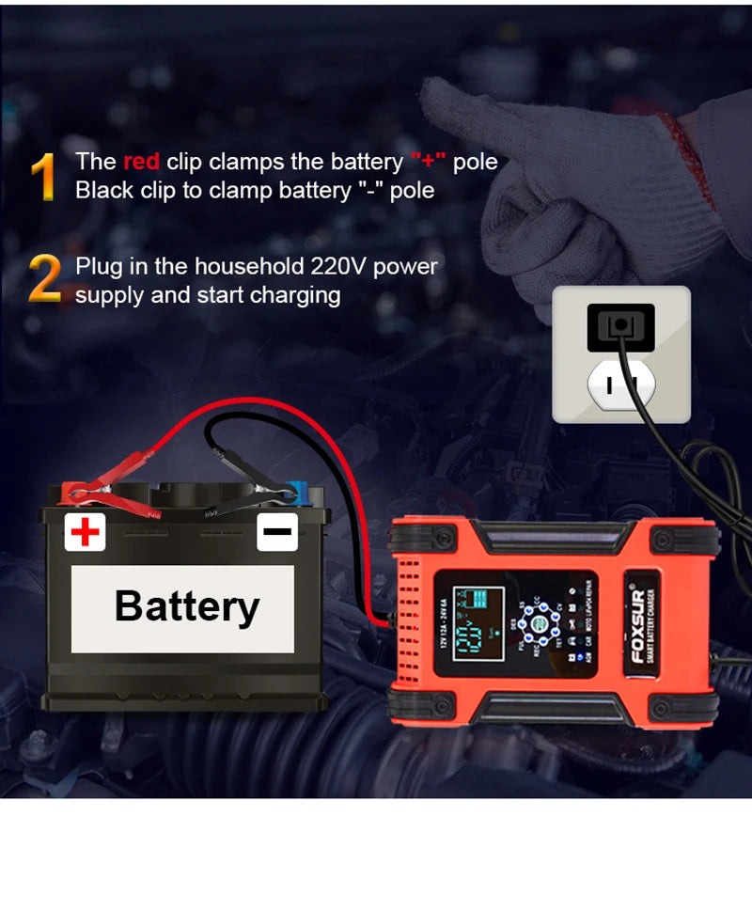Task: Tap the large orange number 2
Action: (45, 279)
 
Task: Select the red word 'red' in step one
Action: (141, 162)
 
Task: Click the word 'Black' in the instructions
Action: (104, 191)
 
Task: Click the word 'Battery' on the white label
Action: (186, 606)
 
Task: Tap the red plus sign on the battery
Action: (85, 533)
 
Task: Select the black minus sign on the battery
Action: (277, 532)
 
